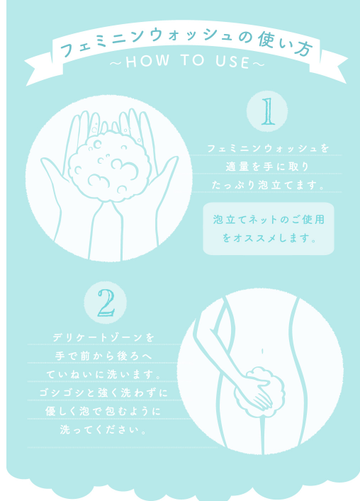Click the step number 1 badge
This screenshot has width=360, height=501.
tap(267, 111)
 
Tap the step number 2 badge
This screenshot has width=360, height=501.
tap(106, 303)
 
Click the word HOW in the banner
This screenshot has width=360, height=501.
tap(147, 62)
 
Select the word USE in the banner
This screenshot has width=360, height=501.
tap(232, 62)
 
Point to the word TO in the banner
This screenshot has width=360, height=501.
tap(192, 60)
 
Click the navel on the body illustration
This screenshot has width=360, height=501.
tap(262, 351)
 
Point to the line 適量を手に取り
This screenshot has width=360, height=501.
tap(267, 167)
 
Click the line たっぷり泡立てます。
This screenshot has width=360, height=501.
tap(268, 185)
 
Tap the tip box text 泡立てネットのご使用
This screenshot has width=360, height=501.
tap(269, 220)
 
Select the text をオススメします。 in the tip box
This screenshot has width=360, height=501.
tap(269, 238)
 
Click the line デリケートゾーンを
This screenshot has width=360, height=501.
tap(103, 337)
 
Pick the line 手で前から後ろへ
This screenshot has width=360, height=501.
tap(103, 356)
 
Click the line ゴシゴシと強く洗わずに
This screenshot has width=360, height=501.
tap(103, 393)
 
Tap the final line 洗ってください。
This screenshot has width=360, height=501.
tap(103, 429)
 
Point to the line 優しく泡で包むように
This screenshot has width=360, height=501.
tap(103, 411)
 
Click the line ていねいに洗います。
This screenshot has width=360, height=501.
tap(103, 374)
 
